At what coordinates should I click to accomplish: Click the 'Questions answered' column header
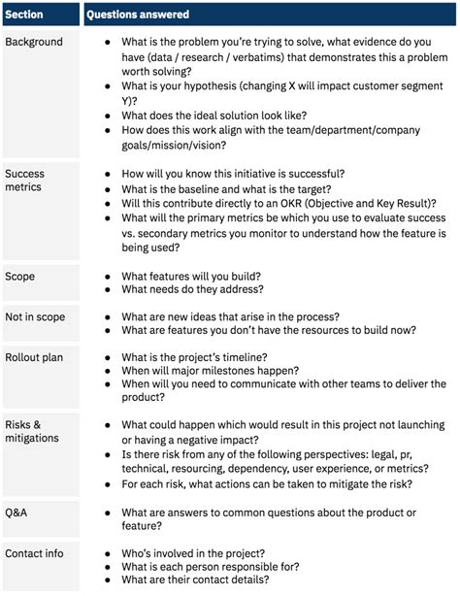coord(137,15)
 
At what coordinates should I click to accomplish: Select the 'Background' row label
coord(33,43)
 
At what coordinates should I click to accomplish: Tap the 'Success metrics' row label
coord(25,182)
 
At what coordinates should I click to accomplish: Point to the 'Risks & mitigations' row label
coord(32,431)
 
